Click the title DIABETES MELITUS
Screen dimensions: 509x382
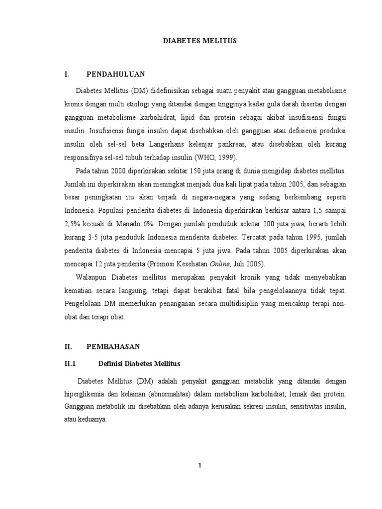(200, 42)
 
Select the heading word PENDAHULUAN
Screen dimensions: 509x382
(115, 74)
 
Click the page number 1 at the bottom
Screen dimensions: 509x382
(200, 465)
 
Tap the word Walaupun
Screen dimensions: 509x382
(93, 277)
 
